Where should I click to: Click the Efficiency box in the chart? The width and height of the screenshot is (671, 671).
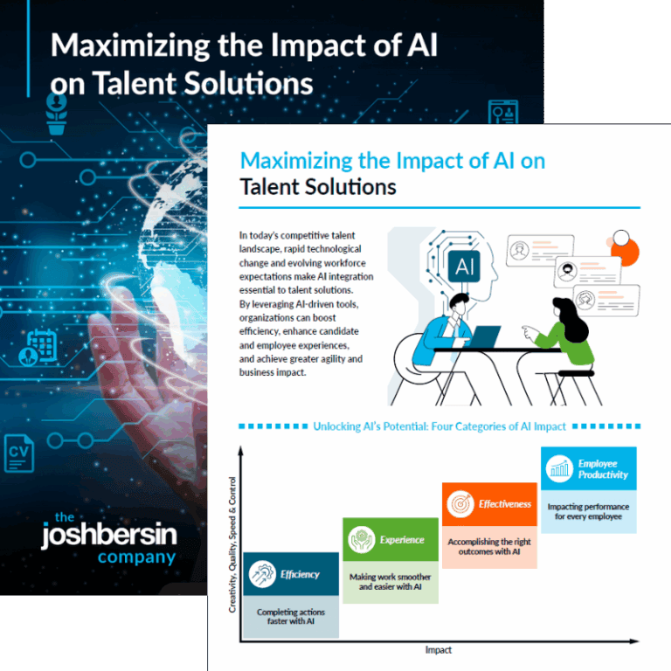[x=291, y=574]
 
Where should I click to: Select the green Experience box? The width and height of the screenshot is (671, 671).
[x=390, y=540]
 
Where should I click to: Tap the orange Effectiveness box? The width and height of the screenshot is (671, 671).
[x=488, y=504]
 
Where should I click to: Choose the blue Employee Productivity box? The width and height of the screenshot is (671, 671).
[x=588, y=469]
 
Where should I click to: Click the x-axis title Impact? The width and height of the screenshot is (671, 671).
[x=438, y=650]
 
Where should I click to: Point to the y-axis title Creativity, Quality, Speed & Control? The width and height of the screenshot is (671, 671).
[x=232, y=543]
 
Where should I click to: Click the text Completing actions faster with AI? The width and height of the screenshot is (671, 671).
[x=291, y=617]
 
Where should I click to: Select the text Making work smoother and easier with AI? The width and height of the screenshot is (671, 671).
[x=390, y=582]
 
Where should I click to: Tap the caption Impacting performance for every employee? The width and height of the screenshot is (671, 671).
[x=588, y=512]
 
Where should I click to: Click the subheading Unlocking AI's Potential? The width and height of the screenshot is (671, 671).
[x=439, y=426]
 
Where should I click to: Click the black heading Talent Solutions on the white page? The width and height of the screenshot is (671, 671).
[x=318, y=187]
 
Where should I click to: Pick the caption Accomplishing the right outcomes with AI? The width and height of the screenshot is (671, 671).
[x=488, y=547]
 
